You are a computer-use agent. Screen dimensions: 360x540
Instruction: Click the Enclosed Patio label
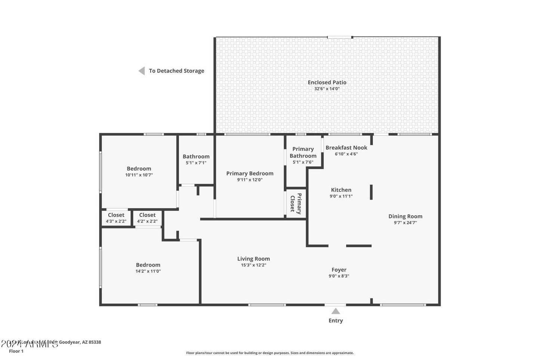tap(327, 82)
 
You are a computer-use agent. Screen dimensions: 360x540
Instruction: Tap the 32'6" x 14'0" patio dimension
tap(327, 89)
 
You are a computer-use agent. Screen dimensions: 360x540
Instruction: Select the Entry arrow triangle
tap(336, 311)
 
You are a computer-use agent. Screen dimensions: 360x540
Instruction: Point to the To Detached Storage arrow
tap(142, 71)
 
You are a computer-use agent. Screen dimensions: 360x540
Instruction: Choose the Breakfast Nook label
tap(346, 148)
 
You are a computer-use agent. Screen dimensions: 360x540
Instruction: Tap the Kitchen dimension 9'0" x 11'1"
tap(341, 196)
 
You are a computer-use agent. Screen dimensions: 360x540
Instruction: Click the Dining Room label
tap(405, 216)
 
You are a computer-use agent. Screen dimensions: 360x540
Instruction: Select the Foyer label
tap(339, 270)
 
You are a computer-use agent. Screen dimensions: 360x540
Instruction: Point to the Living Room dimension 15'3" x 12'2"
tap(253, 265)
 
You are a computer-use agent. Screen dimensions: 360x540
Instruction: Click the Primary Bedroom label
tap(250, 173)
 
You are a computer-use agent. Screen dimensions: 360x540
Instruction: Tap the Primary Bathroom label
tap(303, 152)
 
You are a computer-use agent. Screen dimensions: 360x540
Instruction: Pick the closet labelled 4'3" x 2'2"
tap(116, 218)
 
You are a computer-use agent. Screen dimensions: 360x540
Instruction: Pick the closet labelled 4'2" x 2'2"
tap(147, 218)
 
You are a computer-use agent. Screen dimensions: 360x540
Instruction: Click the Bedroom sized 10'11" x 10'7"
tap(139, 171)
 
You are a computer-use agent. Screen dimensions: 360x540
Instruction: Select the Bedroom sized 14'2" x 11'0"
tap(148, 268)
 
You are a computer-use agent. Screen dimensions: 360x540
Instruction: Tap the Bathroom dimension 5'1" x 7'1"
tap(196, 163)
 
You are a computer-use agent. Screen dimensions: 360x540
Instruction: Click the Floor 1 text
tap(16, 351)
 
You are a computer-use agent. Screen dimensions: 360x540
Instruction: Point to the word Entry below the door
tap(336, 320)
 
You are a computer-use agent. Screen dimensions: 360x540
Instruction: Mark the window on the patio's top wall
tap(340, 37)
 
